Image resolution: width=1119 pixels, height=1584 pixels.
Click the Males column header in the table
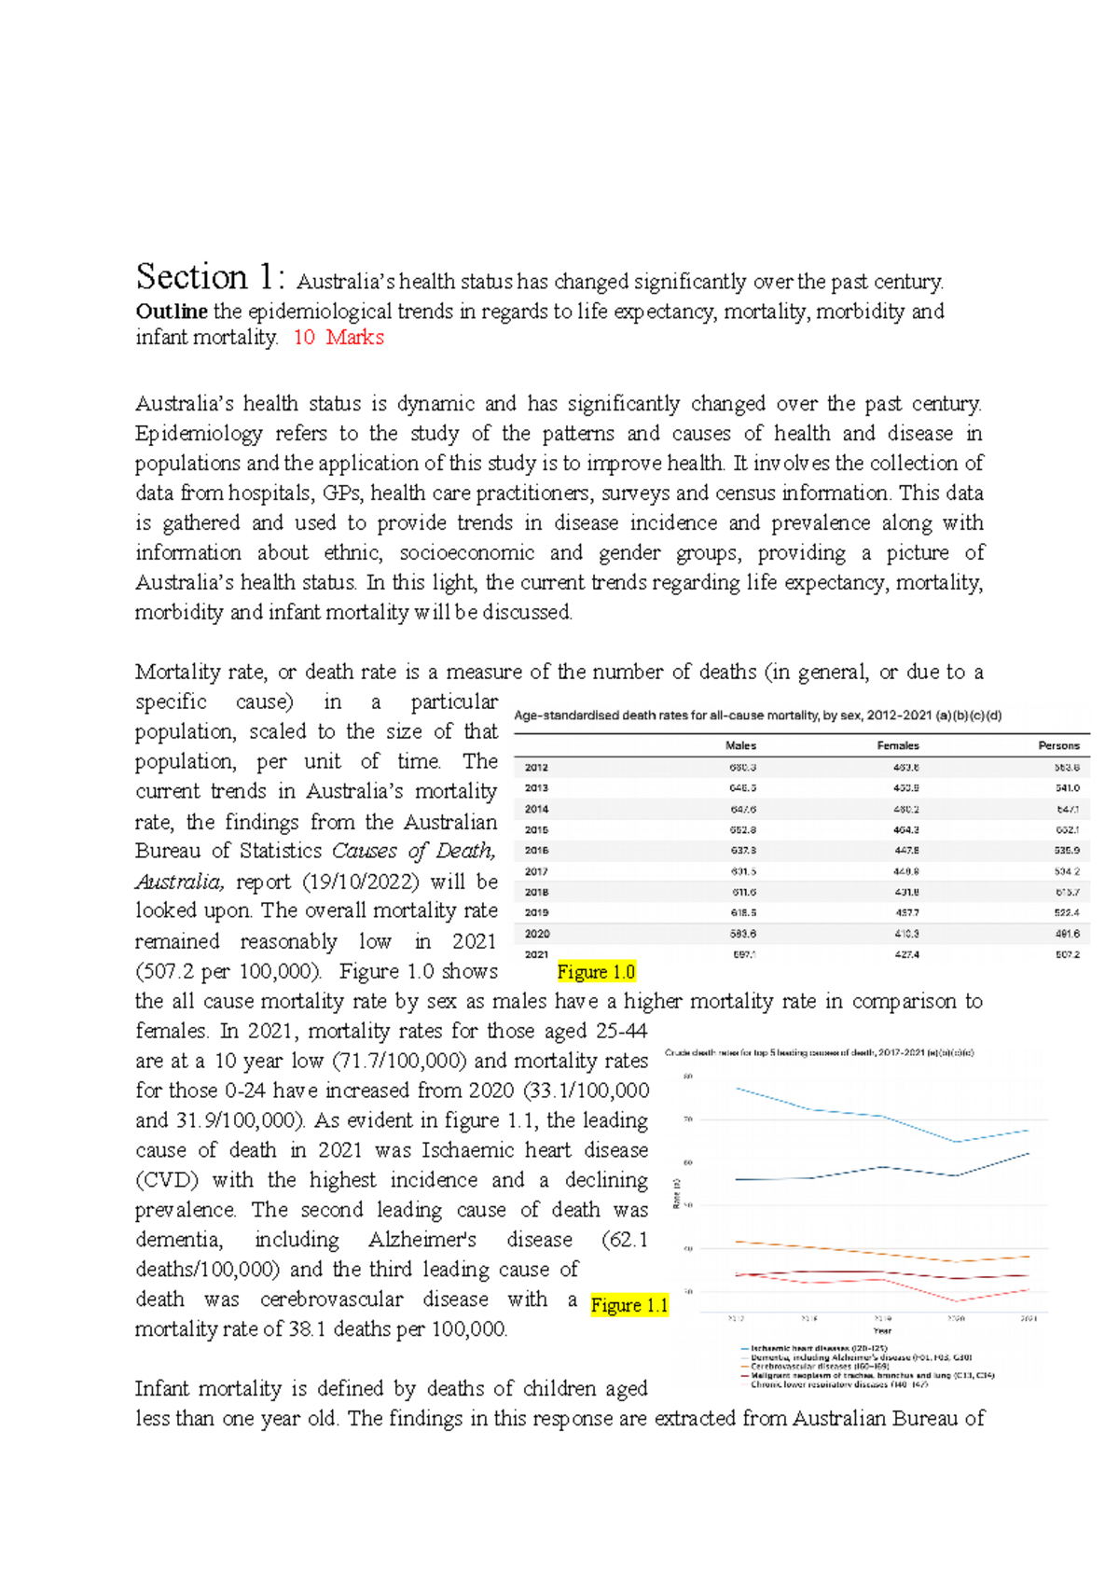tap(740, 745)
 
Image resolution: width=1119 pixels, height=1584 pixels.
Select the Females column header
tap(897, 745)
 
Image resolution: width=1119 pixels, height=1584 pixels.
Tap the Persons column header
tap(1058, 745)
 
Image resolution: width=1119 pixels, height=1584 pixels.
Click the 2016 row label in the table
tap(536, 850)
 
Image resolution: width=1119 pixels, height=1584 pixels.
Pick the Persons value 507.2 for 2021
tap(1067, 954)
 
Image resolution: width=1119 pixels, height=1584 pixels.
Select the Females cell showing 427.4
tap(905, 954)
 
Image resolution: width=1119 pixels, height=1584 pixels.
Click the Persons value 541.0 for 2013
tap(1067, 788)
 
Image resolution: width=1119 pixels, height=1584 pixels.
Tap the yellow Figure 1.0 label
tap(596, 972)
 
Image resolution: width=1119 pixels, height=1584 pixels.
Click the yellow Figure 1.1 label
tap(629, 1305)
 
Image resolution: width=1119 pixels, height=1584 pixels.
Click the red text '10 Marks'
tap(338, 338)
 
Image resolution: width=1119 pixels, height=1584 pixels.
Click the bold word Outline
tap(172, 311)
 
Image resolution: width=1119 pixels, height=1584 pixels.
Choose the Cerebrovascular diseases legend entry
tap(809, 1366)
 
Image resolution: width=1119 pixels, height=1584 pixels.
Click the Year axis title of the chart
tap(881, 1331)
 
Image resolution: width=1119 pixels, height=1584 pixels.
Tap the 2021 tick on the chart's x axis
tap(1028, 1318)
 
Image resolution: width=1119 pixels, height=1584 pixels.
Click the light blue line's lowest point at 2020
tap(957, 1142)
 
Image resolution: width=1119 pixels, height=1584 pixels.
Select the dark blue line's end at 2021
tap(1029, 1154)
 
